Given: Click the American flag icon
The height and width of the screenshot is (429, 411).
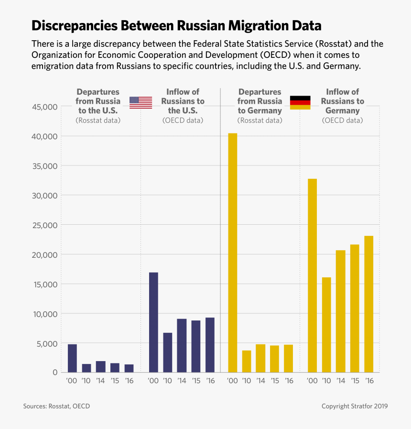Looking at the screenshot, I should pos(141,102).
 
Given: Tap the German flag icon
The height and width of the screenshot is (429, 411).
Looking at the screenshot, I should pos(300,102).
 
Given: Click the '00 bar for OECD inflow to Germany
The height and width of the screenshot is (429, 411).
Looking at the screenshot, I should pos(312,275).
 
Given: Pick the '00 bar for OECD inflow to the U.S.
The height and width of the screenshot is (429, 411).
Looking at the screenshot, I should pos(153,322).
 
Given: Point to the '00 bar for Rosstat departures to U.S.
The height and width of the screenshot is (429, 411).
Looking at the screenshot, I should pos(72,358).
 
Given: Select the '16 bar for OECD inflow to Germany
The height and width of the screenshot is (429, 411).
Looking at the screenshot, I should pos(368,304).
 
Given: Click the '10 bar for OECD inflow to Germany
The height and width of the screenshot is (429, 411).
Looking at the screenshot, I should pos(326,325).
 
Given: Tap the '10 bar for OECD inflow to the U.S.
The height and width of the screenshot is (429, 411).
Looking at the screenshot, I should pos(167,352).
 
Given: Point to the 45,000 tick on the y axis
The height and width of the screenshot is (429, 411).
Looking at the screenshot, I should pos(44,107).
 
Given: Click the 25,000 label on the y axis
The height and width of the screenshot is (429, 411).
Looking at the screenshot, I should pos(44,225).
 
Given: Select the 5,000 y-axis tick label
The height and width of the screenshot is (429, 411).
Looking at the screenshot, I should pos(47,343).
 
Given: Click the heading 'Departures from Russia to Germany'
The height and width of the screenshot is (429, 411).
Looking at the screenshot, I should pos(260,101).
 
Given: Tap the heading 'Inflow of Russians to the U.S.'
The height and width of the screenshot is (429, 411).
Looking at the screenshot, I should pos(183,101).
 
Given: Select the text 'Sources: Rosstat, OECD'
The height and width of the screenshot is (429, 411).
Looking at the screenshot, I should pos(56,406).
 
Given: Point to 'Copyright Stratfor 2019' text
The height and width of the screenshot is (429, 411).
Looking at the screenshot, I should pos(354,406).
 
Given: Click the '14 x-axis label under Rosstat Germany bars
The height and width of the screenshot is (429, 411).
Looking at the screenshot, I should pos(260,381).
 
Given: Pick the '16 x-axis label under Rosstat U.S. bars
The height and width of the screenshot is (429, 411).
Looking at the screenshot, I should pos(129,381).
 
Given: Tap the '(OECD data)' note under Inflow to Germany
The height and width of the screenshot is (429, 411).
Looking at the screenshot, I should pos(342,121).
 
